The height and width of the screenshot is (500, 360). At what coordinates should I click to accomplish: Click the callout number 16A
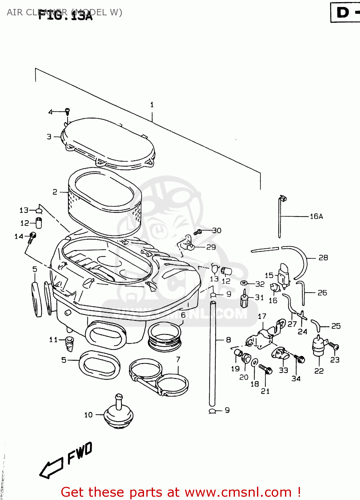pyautogui.click(x=316, y=217)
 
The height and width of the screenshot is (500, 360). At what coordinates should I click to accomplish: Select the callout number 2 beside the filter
pyautogui.click(x=55, y=192)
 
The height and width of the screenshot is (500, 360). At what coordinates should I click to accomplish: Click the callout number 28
pyautogui.click(x=323, y=258)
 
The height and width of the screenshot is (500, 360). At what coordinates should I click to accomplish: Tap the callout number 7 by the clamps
pyautogui.click(x=178, y=359)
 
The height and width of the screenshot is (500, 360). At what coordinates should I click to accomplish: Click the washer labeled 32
pyautogui.click(x=244, y=283)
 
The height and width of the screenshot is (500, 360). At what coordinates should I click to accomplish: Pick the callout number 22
pyautogui.click(x=319, y=371)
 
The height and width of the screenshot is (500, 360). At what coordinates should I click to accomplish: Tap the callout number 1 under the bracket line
pyautogui.click(x=152, y=105)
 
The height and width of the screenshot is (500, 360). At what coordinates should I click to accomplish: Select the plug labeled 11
pyautogui.click(x=70, y=343)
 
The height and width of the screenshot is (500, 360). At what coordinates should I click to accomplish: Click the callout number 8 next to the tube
pyautogui.click(x=228, y=340)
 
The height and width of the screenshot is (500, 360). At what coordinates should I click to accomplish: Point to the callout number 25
pyautogui.click(x=336, y=326)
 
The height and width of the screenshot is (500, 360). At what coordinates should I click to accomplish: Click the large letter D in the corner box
pyautogui.click(x=343, y=12)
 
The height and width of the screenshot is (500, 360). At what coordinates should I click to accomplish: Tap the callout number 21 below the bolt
pyautogui.click(x=265, y=391)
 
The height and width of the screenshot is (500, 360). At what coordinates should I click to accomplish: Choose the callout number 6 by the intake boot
pyautogui.click(x=183, y=315)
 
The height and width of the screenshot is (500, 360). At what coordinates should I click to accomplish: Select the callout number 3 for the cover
pyautogui.click(x=49, y=137)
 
